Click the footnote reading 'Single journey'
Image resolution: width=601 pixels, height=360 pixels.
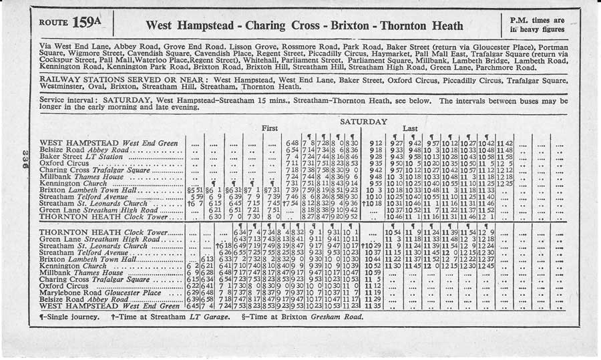[x=67, y=317]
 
